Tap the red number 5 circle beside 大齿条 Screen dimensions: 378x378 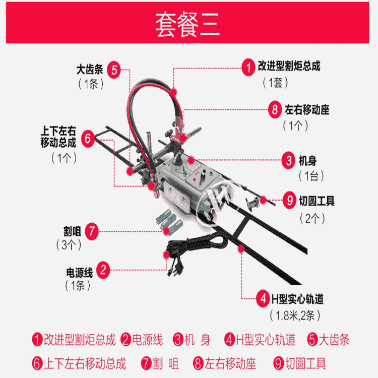tap(114, 70)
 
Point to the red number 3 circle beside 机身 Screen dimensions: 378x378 tap(289, 161)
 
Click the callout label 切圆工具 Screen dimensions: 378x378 tap(317, 201)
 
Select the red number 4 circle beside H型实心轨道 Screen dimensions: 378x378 tap(263, 299)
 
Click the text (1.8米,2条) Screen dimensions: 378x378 tap(296, 316)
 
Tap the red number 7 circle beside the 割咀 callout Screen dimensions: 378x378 tap(91, 231)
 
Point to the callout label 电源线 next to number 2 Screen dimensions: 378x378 tap(79, 272)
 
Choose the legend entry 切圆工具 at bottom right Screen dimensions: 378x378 tap(305, 362)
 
